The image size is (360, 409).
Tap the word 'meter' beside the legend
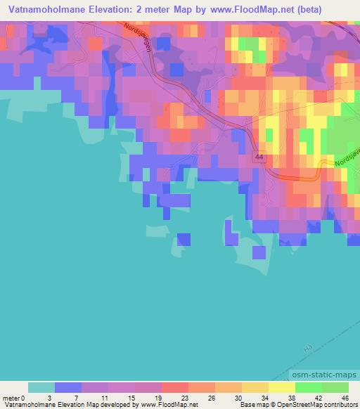click(12, 397)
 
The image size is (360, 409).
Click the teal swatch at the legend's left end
click(41, 387)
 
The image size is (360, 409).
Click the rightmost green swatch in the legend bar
click(335, 387)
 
